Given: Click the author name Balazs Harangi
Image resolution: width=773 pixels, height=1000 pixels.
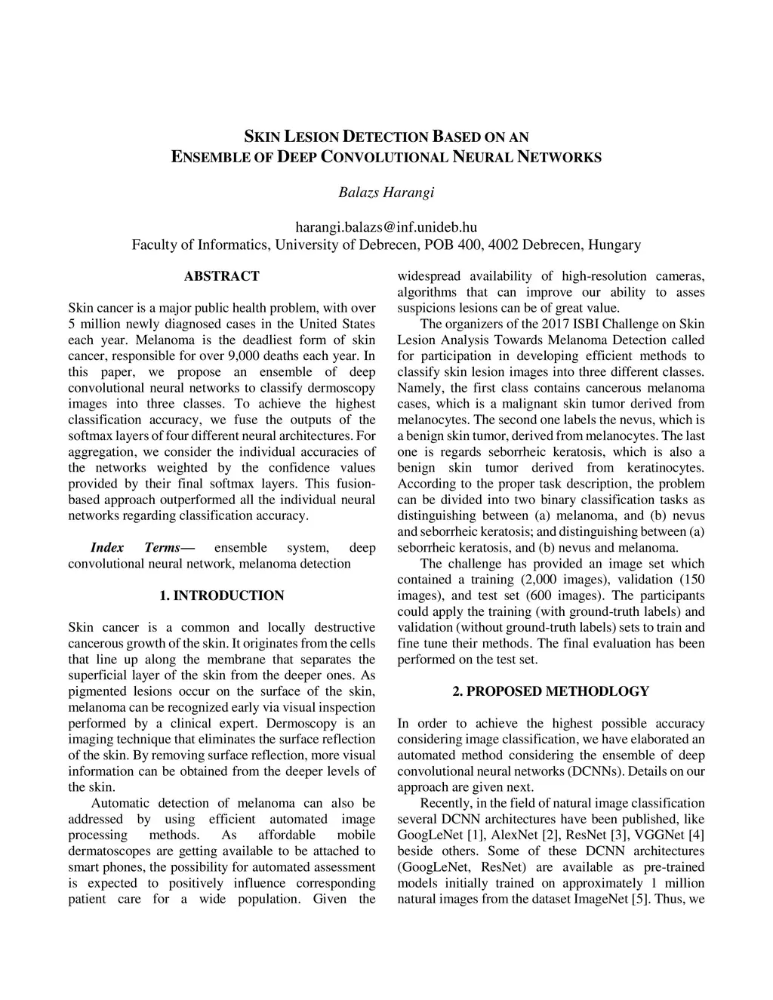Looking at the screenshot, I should click(x=386, y=192).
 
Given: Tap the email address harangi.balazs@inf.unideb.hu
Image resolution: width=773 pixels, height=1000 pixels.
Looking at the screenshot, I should click(x=386, y=226).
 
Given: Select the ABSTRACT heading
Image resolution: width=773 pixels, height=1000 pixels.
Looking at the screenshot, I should click(x=221, y=276).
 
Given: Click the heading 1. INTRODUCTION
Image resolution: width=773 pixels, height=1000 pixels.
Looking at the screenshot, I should click(x=222, y=595).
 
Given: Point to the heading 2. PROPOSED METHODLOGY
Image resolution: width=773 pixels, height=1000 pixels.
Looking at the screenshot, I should click(x=550, y=691).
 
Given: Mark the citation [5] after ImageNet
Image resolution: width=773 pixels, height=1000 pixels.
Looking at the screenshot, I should click(x=641, y=899).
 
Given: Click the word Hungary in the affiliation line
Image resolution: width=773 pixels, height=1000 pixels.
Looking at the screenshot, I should click(x=614, y=245).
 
